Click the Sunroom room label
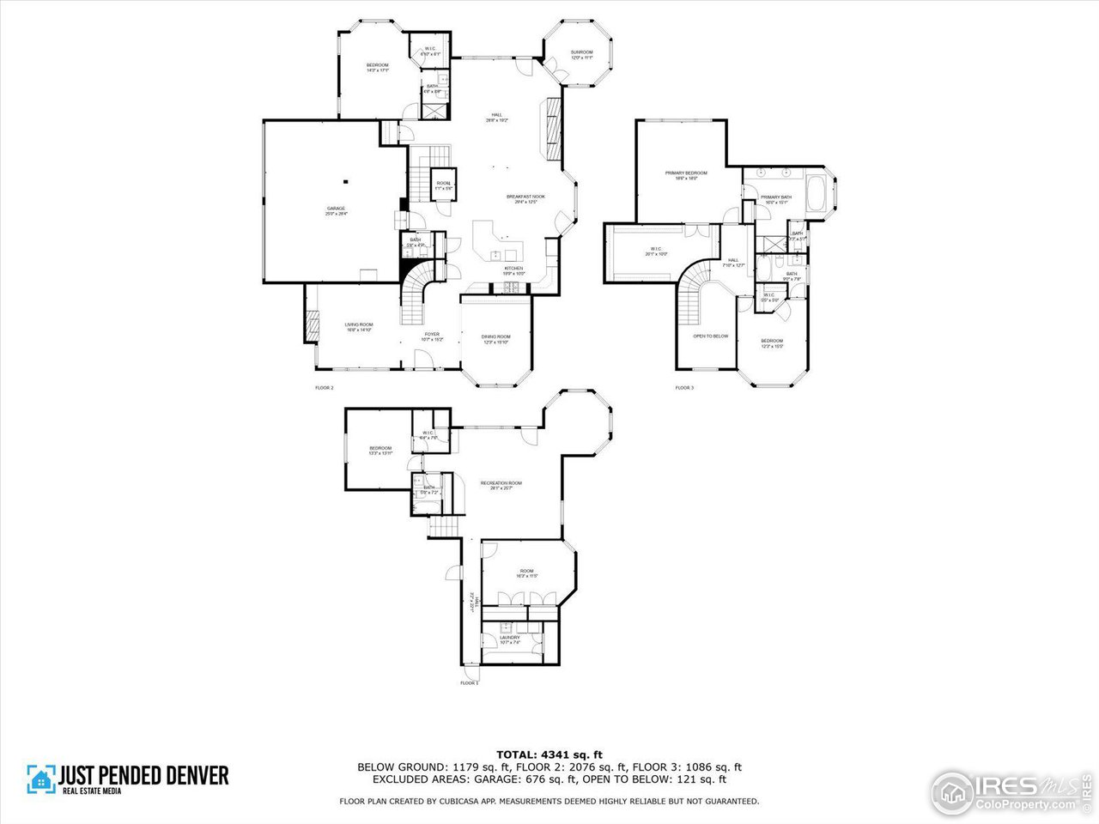point(581,55)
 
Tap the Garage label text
point(336,210)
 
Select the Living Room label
point(358,326)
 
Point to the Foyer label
point(432,336)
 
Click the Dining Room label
point(495,338)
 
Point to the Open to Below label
point(710,336)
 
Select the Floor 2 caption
point(324,388)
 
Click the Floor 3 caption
point(683,388)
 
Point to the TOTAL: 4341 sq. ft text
point(549,754)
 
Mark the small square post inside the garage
point(345,181)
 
